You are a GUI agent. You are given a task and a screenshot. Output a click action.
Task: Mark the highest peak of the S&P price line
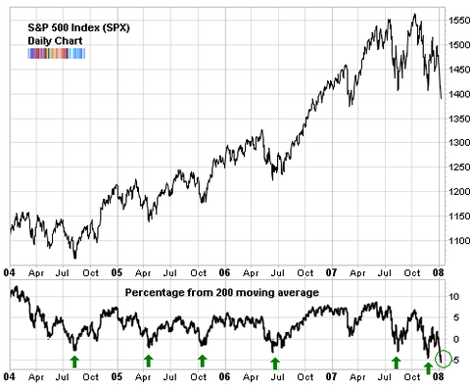tap(415, 15)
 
